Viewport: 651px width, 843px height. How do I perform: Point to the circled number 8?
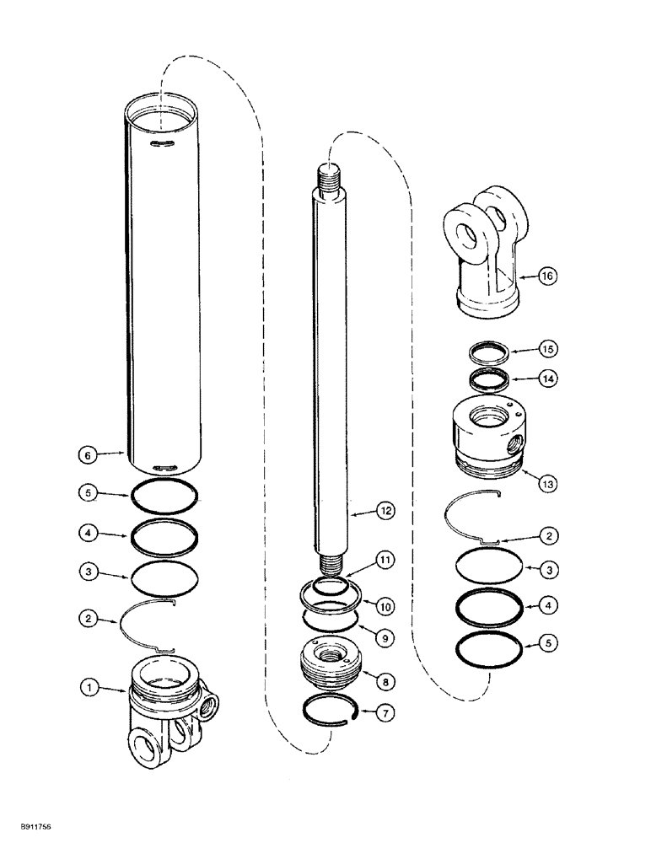(x=385, y=678)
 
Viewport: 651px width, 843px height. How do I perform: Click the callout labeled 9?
(x=385, y=639)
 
